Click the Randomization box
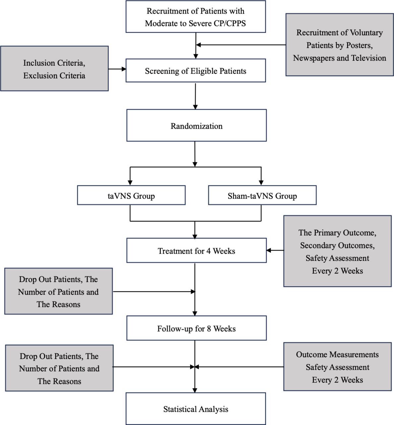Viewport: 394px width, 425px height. pos(196,126)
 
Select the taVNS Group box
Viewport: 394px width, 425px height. pos(131,195)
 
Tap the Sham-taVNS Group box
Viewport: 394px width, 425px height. pos(262,195)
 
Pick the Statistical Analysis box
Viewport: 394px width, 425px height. pos(196,408)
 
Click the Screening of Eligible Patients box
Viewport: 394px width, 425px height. pos(196,70)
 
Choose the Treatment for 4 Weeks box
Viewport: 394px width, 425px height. pos(196,250)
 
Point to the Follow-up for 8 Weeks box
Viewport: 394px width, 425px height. pos(196,328)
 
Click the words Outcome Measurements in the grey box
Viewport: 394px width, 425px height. pos(337,355)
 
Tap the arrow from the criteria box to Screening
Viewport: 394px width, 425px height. pos(117,69)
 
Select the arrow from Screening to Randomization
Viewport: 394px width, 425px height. pos(195,96)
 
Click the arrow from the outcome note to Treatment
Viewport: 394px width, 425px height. pos(275,250)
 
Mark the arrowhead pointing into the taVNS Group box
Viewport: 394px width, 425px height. pos(130,183)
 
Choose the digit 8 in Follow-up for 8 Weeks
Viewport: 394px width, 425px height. pos(209,329)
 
